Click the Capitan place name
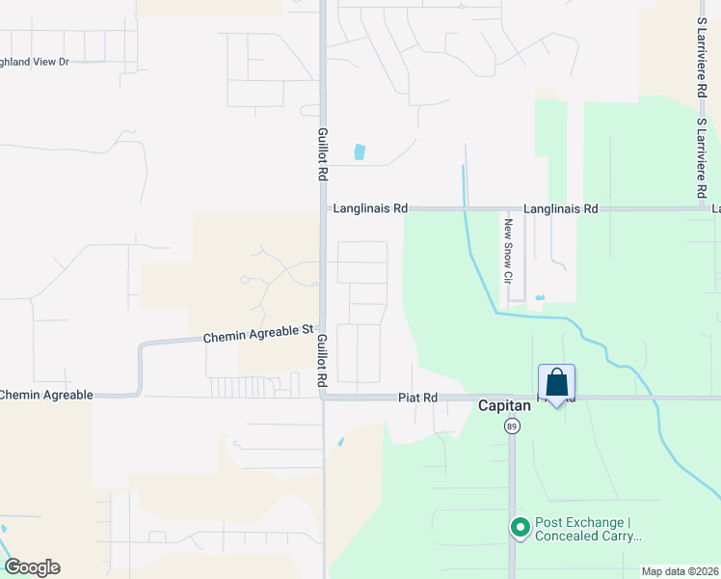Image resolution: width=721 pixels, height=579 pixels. pos(505,406)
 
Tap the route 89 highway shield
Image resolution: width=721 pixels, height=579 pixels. pos(511,426)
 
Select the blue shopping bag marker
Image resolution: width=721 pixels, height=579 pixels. pos(556,383)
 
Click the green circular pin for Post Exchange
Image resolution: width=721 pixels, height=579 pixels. pos(521,527)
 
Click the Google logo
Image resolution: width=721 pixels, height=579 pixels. pos(32,567)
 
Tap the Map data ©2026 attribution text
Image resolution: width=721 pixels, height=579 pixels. pos(680,571)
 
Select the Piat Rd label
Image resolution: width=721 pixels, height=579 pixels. pos(418,397)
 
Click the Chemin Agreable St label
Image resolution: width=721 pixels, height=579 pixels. pos(258,335)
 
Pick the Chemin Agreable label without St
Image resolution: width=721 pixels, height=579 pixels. pos(46,395)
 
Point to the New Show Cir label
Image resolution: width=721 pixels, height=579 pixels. pos(505,250)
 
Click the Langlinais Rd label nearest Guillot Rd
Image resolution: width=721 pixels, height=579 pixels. pos(370,207)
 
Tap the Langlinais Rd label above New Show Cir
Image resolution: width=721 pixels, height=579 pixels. pos(561,208)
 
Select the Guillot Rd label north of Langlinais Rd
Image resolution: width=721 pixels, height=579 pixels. pos(323,153)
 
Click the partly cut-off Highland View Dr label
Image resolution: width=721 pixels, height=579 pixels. pos(35,62)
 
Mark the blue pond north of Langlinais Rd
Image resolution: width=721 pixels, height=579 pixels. pos(360,152)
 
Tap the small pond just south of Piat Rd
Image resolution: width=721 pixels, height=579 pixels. pos(340,443)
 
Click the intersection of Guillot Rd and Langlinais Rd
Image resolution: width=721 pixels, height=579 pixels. pos(324,207)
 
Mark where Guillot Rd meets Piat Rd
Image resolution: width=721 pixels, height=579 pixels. pos(324,396)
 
